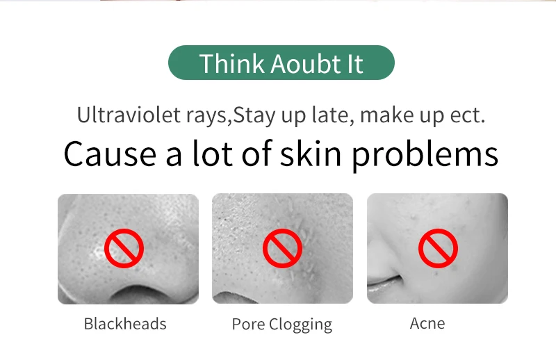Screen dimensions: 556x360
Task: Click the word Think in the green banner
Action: [x=232, y=63]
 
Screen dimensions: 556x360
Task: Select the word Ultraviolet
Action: [x=129, y=115]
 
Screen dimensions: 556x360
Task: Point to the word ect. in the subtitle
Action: [x=467, y=115]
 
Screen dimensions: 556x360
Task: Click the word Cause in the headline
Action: [x=110, y=154]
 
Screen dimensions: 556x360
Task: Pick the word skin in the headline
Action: [x=311, y=153]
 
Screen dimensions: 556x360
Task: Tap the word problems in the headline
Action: [x=425, y=155]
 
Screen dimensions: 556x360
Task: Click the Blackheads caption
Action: [x=125, y=324]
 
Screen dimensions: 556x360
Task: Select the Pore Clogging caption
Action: [x=282, y=325]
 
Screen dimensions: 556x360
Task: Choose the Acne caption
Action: [x=427, y=323]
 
